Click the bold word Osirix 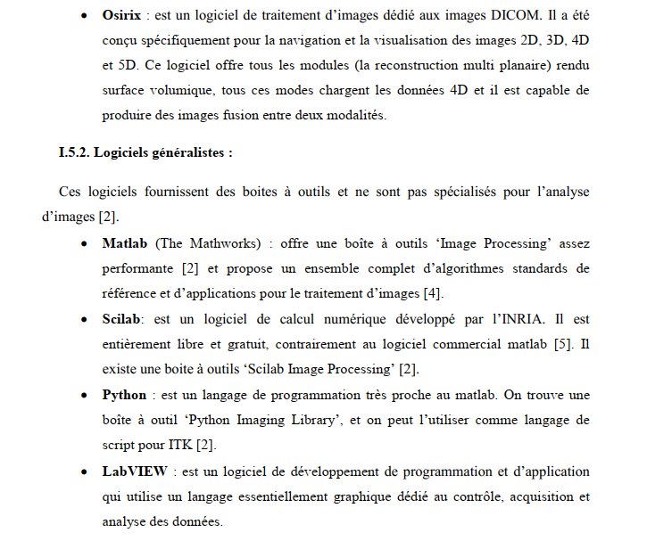pyautogui.click(x=124, y=16)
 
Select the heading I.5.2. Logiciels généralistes pyautogui.click(x=145, y=152)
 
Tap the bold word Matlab pyautogui.click(x=126, y=242)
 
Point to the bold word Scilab pyautogui.click(x=123, y=318)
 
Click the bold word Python pyautogui.click(x=125, y=394)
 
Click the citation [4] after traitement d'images pyautogui.click(x=431, y=292)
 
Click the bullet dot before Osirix pyautogui.click(x=83, y=17)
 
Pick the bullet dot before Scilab pyautogui.click(x=83, y=319)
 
